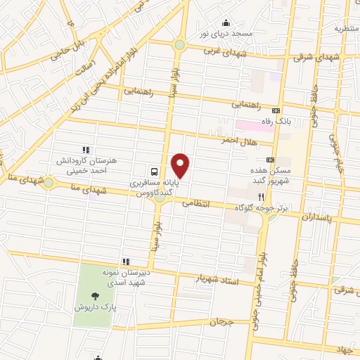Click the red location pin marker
(181, 166)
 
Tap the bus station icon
(153, 171)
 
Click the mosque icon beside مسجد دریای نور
(225, 22)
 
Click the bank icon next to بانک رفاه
(276, 110)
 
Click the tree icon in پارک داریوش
(94, 295)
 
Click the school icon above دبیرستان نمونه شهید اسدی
(126, 262)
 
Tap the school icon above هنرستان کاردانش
(86, 150)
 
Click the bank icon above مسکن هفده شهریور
(270, 160)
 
